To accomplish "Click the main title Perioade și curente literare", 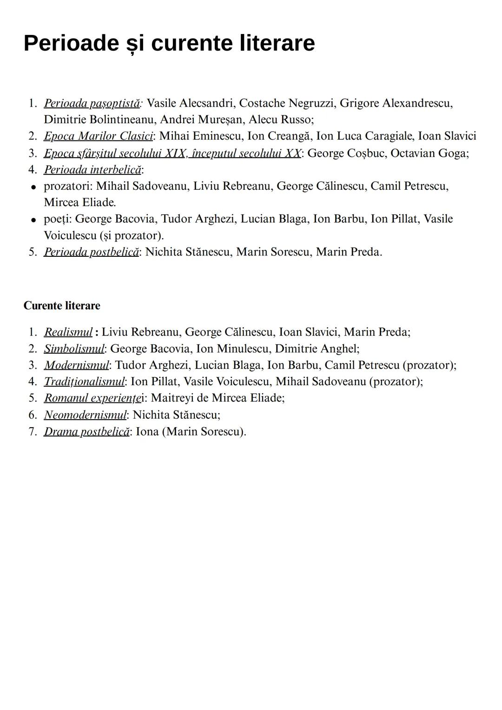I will point(169,43).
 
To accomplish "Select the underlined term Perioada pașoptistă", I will point(92,103).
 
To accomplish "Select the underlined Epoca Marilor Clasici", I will point(98,136).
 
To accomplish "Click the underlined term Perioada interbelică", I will point(92,169).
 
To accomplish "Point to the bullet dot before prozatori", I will point(33,187).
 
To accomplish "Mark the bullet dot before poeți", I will point(33,220).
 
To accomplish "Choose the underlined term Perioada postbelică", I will point(91,252).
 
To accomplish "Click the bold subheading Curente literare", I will point(62,306).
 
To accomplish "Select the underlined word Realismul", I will point(68,332).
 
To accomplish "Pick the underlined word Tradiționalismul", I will point(84,382).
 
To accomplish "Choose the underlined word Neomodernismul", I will point(85,415).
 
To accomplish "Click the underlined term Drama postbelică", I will point(86,431).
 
